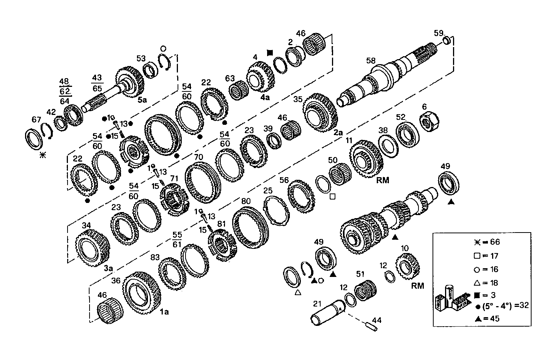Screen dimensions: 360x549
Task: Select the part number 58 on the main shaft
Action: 371,61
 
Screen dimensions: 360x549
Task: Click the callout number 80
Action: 246,201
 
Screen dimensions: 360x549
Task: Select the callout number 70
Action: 198,157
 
